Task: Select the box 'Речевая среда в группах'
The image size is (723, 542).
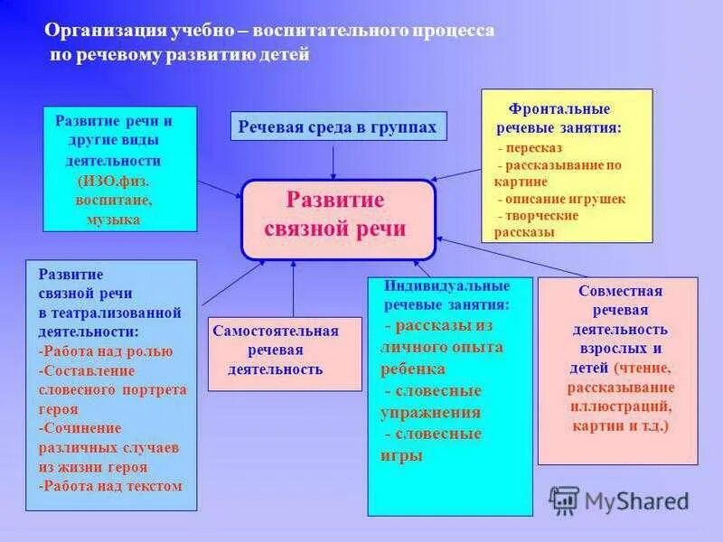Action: coord(337,127)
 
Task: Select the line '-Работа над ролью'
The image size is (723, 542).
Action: coord(106,351)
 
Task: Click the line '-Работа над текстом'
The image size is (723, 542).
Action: coord(110,485)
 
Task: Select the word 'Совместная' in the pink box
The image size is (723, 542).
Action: coord(620,292)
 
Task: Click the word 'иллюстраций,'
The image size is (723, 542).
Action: coord(621,406)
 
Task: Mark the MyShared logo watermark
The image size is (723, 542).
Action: coord(620,500)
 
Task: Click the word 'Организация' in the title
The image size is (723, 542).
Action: coord(106,31)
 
